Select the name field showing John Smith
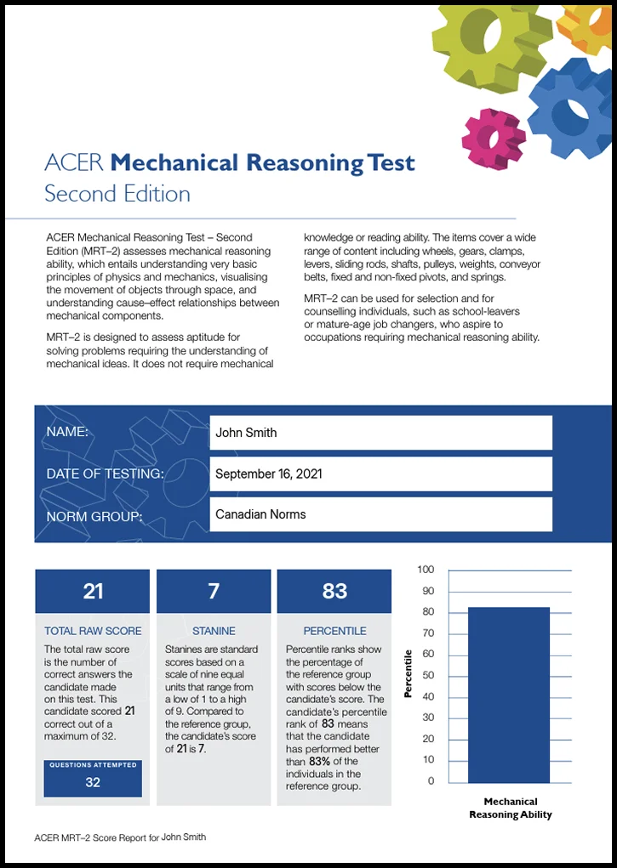pos(380,433)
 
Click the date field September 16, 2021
pos(380,474)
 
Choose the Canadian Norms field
pos(380,514)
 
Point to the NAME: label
pos(67,432)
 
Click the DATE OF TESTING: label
pos(105,474)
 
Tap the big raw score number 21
pos(93,591)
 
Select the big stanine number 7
pos(214,591)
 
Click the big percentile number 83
pos(334,591)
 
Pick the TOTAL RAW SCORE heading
pos(93,632)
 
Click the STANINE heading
pos(214,632)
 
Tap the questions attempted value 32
pos(93,782)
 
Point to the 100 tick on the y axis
pos(426,570)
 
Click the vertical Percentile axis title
pos(408,673)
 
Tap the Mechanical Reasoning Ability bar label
pos(511,808)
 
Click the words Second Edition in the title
pos(117,194)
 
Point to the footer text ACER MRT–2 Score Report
pos(120,837)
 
